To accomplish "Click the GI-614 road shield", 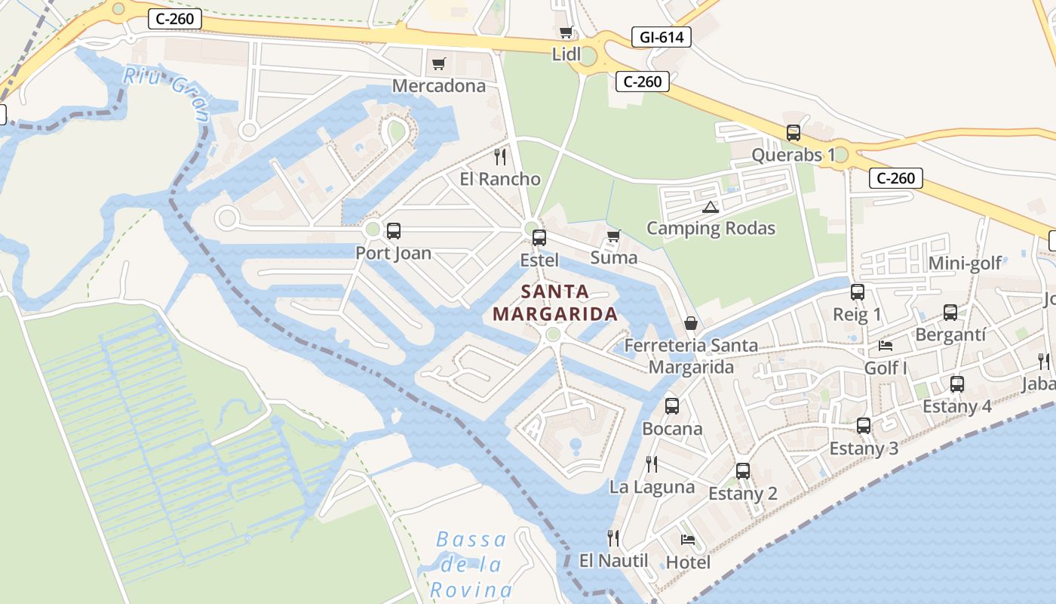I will (661, 37).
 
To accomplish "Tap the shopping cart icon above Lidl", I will (566, 32).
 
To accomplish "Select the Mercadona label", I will (438, 85).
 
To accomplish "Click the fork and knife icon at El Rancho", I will (499, 156).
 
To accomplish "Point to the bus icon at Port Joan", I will (393, 230).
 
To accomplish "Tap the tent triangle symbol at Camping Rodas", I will (709, 207).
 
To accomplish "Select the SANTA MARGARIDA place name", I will (555, 303).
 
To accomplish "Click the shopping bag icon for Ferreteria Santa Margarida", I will (690, 323).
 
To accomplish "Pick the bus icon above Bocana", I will (671, 405).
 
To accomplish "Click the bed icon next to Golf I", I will (886, 346).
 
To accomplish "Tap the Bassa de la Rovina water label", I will (471, 564).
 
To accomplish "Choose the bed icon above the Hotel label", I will (687, 539).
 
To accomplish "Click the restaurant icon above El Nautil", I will (613, 538).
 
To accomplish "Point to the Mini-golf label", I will (965, 263).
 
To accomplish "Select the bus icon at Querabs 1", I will (793, 133).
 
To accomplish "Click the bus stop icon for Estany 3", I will (864, 425).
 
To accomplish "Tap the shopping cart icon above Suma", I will (613, 236).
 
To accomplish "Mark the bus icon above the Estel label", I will (539, 238).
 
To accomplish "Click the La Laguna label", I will (652, 486).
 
